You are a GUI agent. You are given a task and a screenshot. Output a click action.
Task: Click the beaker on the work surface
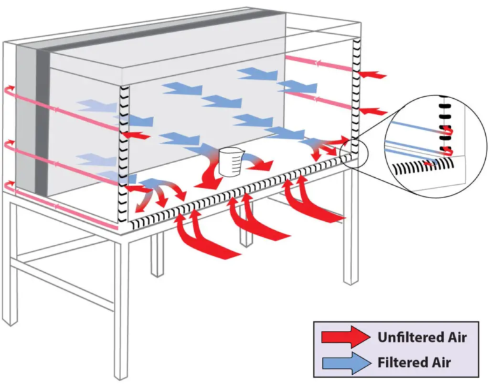tap(228, 162)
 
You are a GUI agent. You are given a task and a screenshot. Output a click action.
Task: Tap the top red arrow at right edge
tap(372, 75)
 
